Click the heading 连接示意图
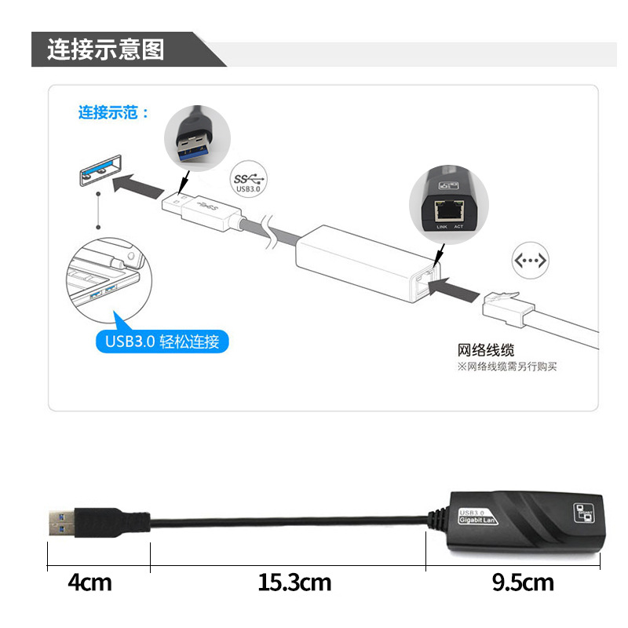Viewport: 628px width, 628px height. tap(105, 49)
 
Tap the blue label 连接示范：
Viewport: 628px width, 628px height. tap(113, 112)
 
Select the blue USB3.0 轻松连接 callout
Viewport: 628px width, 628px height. tap(166, 341)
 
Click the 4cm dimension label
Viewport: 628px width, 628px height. tap(89, 582)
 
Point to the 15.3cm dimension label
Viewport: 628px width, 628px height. tap(294, 582)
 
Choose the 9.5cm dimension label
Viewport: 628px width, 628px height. tap(522, 582)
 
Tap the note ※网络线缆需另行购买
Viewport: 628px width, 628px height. tap(507, 367)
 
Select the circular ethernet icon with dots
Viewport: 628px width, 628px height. tap(529, 261)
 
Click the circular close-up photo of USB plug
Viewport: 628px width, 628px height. tap(196, 140)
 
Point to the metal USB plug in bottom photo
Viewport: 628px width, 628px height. tap(64, 520)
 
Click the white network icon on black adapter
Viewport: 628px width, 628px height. tap(583, 513)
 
